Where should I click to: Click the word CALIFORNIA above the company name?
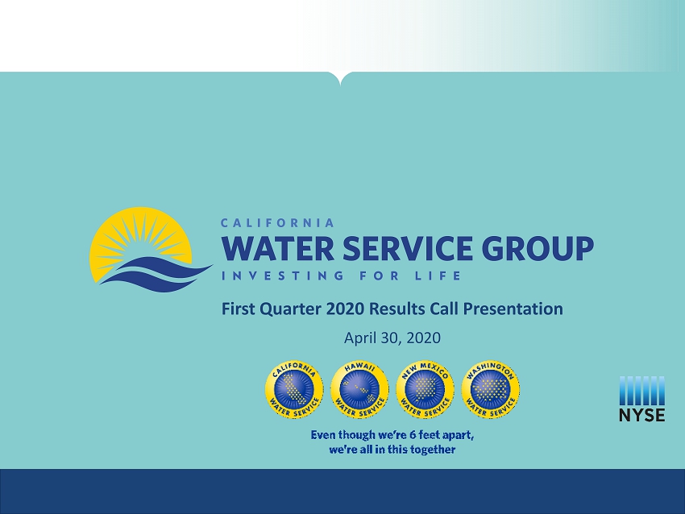pos(277,222)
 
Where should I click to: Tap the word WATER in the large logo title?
pos(278,248)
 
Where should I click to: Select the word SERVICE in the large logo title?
pos(408,248)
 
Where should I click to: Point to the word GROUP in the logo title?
pos(538,248)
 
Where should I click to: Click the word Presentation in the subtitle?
pos(513,309)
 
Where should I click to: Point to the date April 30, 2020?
pos(392,338)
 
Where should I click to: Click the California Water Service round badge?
pos(294,389)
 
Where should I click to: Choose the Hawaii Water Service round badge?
pos(359,389)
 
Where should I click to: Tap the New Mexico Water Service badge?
pos(425,389)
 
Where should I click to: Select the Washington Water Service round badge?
pos(491,389)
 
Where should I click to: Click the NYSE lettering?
pos(642,415)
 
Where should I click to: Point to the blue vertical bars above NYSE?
pos(642,391)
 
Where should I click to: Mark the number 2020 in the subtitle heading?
pos(345,309)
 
